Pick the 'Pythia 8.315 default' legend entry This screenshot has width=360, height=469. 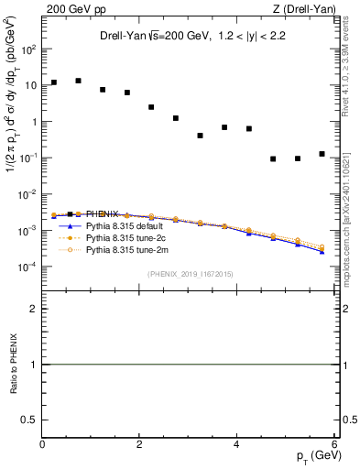(x=125, y=225)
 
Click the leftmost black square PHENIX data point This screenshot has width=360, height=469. (x=54, y=82)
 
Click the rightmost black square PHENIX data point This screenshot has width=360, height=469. (x=322, y=154)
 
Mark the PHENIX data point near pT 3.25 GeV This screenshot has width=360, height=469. (x=200, y=136)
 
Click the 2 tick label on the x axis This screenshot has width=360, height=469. (x=139, y=444)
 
